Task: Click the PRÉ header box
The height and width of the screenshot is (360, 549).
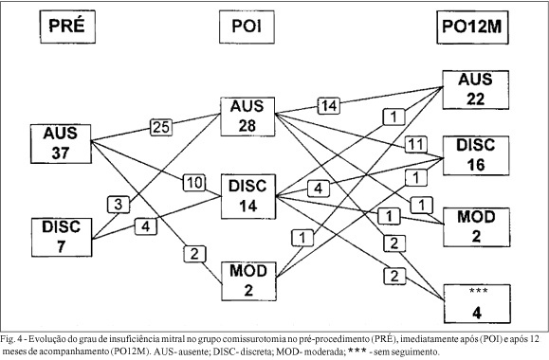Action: point(67,27)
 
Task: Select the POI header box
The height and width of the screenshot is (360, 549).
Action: point(247,27)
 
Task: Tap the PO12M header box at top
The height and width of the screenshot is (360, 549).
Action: point(472,27)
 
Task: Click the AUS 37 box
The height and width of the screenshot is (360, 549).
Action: point(61,144)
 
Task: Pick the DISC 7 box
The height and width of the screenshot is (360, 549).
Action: point(62,237)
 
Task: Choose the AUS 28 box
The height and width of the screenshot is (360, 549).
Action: point(247,117)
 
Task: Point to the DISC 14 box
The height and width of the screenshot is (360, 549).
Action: point(248,196)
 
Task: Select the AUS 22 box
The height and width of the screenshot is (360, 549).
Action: point(475,90)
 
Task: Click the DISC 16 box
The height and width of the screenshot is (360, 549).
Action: point(476,155)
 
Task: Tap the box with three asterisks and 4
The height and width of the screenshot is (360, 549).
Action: point(477,304)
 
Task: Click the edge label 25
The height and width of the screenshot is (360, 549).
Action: point(161,127)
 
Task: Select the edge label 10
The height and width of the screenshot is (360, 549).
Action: point(194,183)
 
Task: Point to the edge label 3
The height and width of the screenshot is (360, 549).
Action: point(119,205)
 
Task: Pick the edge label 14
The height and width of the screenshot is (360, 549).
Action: point(329,106)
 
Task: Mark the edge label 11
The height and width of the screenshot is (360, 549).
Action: point(416,144)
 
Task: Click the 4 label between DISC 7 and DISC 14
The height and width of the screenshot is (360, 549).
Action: point(146,226)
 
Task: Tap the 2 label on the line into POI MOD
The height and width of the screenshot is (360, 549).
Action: point(194,254)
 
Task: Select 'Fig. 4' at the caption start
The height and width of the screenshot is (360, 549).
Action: point(11,338)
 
